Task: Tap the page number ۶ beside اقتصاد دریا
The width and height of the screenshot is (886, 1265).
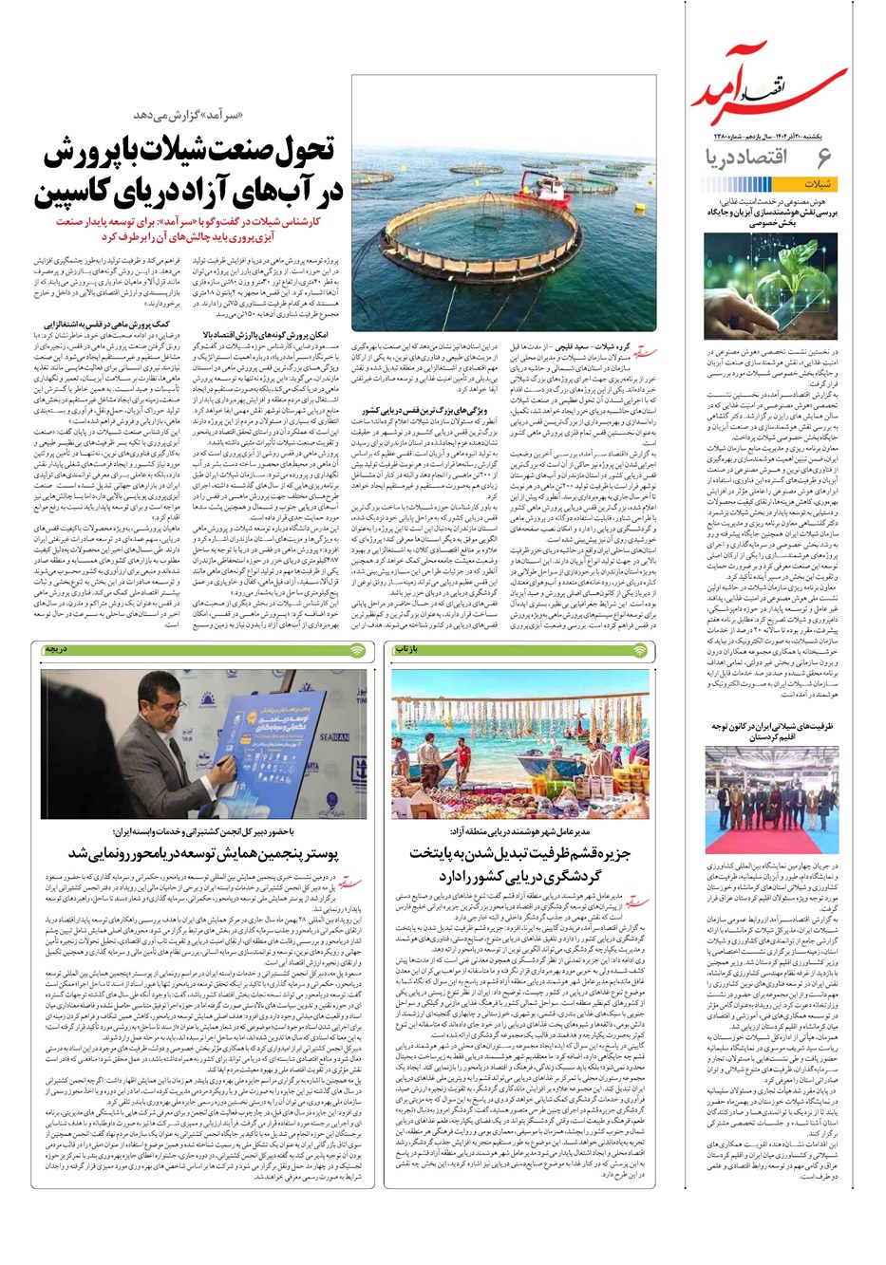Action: pyautogui.click(x=822, y=158)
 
